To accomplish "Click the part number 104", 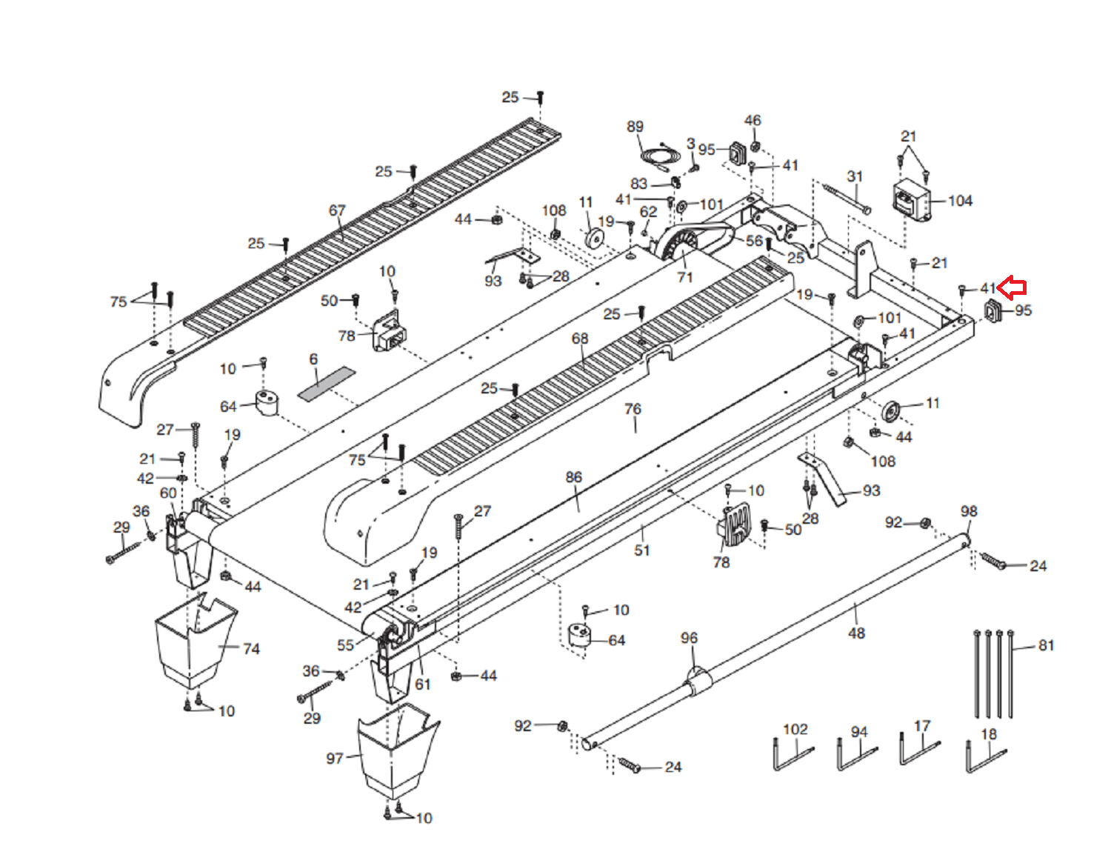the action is (x=960, y=201).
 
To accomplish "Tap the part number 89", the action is (x=635, y=127).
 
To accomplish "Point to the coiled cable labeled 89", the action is (x=661, y=156).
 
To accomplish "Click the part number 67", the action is (x=336, y=210).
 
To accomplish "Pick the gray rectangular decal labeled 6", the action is (x=326, y=384).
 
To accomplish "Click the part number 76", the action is (x=633, y=408).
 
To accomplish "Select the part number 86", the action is (x=573, y=477).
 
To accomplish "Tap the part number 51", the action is (x=642, y=550).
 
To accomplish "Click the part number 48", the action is (x=856, y=633).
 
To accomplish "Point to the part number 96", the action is (x=689, y=638).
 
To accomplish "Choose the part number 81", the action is (x=1047, y=645).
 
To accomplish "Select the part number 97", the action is (x=335, y=759).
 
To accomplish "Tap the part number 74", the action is (x=251, y=648).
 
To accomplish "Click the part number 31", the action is (x=855, y=176).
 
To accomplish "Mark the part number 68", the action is (x=580, y=339).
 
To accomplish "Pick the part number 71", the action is (x=684, y=277).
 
